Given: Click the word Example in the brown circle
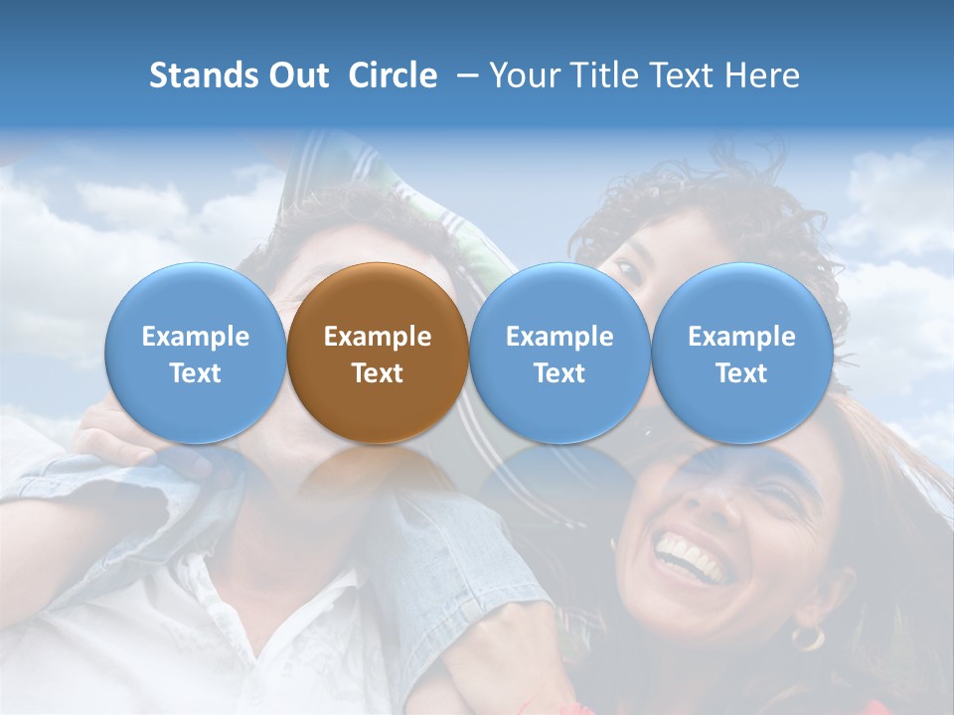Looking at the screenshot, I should [x=378, y=337].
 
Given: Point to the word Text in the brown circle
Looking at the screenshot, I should [x=378, y=373].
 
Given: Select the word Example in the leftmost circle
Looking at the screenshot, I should [x=196, y=337].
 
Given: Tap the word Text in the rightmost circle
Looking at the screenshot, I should [x=742, y=373].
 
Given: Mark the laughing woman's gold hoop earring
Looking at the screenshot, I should [x=807, y=637].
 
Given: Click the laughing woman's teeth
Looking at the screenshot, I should [x=692, y=556].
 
